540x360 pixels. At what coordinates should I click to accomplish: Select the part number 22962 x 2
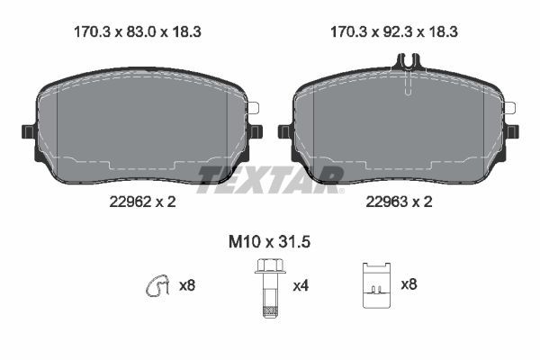click(136, 202)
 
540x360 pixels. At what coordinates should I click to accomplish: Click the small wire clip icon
click(157, 286)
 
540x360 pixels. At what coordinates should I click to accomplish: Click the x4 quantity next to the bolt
click(301, 286)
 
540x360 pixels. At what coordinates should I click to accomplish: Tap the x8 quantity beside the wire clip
click(187, 286)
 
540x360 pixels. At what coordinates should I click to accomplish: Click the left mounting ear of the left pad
click(27, 131)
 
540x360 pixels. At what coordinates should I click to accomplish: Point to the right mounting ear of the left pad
click(256, 131)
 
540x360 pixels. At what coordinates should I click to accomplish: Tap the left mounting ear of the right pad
click(284, 131)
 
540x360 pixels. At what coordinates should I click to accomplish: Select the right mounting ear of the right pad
click(514, 131)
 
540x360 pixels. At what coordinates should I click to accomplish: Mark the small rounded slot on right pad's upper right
click(509, 108)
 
